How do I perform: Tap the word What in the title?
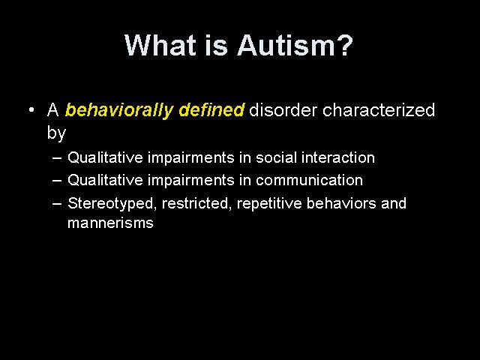click(x=160, y=45)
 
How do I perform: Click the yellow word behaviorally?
click(x=119, y=110)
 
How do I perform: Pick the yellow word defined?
click(x=211, y=109)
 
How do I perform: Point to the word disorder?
click(x=283, y=109)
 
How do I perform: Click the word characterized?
click(x=379, y=109)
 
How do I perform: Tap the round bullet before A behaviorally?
click(x=31, y=109)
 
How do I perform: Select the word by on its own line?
click(x=57, y=133)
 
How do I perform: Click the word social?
click(x=277, y=157)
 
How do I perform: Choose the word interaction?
click(x=338, y=157)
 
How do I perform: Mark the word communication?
click(x=310, y=180)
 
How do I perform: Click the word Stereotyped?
click(x=111, y=203)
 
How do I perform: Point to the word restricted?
click(x=195, y=203)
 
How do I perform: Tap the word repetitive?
click(x=269, y=203)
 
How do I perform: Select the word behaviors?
click(x=341, y=203)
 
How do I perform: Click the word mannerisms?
click(x=110, y=223)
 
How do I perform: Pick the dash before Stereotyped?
click(x=57, y=203)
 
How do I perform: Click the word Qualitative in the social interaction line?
click(x=105, y=157)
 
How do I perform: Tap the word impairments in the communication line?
click(x=191, y=181)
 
